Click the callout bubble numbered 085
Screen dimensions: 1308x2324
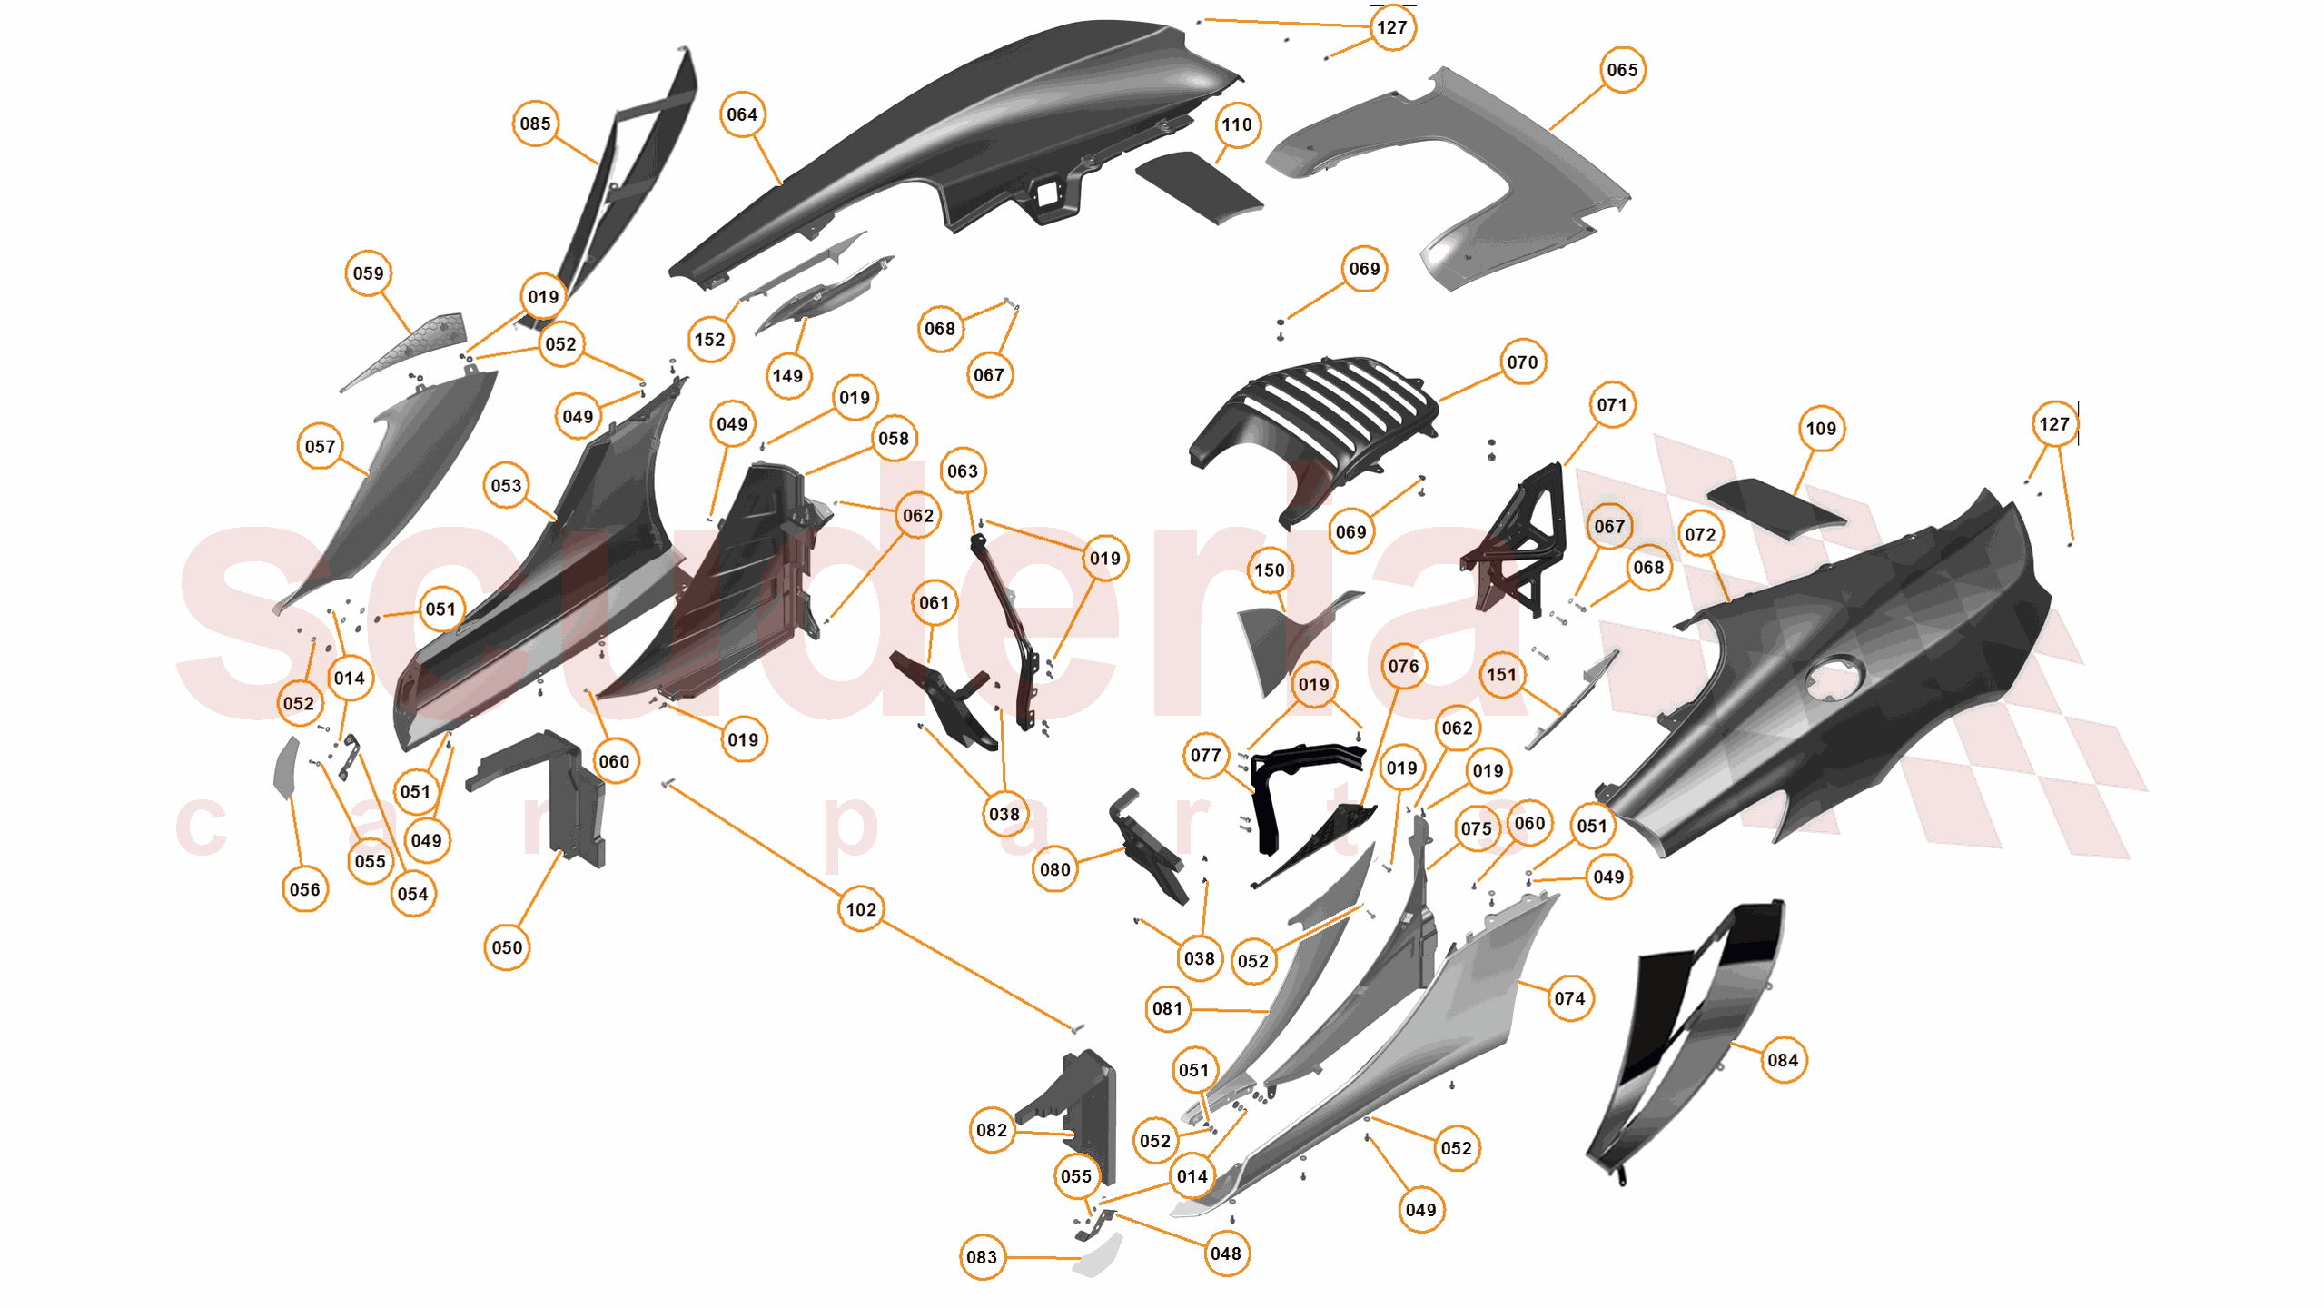click(x=535, y=124)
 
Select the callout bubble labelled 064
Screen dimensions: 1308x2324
click(x=742, y=114)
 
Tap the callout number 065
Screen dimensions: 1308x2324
click(x=1622, y=70)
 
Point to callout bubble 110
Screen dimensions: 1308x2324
click(x=1236, y=124)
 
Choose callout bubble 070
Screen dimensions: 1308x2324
click(x=1522, y=362)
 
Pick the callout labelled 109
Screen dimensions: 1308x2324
click(x=1820, y=429)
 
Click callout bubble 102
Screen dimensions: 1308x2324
click(x=861, y=909)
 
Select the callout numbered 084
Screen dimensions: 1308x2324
click(x=1782, y=1060)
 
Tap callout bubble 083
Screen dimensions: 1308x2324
click(x=981, y=1257)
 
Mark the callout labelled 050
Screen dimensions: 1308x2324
click(x=507, y=947)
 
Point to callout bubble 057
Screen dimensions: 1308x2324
click(x=320, y=447)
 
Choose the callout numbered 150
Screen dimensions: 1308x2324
click(x=1269, y=570)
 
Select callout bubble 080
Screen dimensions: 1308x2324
click(x=1054, y=869)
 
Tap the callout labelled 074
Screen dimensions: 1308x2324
click(x=1568, y=998)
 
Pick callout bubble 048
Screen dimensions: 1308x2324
click(x=1225, y=1253)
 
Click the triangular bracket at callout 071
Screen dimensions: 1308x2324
click(x=1526, y=545)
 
